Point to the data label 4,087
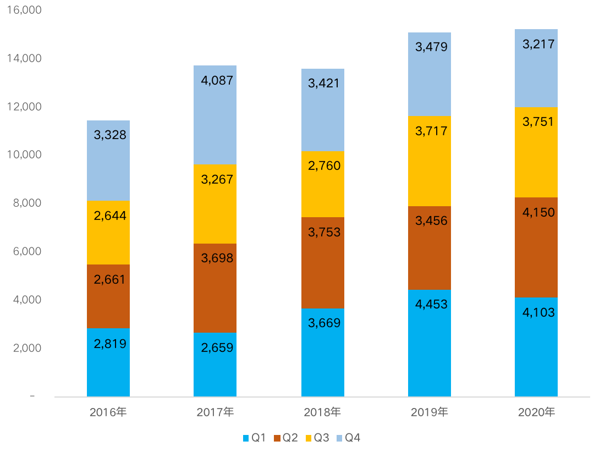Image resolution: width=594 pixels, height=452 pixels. click(x=217, y=81)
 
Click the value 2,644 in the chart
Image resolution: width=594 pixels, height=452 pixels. click(x=110, y=216)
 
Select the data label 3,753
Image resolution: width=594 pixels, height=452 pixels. click(x=324, y=232)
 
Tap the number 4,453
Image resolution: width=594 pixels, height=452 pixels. click(x=431, y=304)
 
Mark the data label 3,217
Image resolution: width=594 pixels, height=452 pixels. click(x=538, y=45)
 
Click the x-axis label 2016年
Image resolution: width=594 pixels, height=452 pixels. click(x=108, y=412)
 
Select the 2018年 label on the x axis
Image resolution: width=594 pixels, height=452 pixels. click(x=323, y=412)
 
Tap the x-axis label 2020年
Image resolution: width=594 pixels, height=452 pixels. click(x=537, y=412)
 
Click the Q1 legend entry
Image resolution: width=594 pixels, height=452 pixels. click(x=254, y=438)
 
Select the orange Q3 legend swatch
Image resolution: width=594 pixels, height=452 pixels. click(x=308, y=438)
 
